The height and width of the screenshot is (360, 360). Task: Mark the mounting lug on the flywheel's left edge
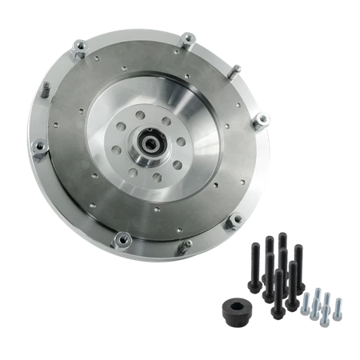click(x=42, y=147)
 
